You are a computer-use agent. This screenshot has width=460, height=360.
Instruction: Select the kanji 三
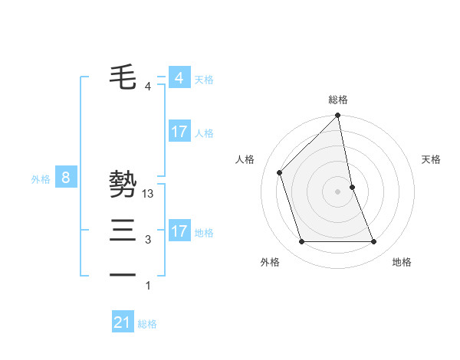coord(123,231)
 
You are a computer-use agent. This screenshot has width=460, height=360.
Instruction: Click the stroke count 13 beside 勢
coord(149,194)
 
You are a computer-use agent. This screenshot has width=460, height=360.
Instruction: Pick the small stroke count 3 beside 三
coord(148,240)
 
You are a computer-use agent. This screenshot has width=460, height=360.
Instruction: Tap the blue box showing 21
coord(123,322)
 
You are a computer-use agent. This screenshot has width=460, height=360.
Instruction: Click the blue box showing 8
coord(66,178)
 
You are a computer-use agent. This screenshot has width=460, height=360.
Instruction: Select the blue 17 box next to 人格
coord(179,132)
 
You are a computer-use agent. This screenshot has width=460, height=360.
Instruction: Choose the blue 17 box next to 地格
coord(179,231)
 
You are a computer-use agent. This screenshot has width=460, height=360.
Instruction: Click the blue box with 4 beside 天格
coord(179,77)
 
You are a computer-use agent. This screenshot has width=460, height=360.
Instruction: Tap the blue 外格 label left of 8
coord(41,179)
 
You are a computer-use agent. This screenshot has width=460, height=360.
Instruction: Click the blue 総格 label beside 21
coord(147,324)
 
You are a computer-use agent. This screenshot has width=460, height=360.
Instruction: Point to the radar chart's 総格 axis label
coord(338,100)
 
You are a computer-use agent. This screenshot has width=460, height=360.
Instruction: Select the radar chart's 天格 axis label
coord(432,159)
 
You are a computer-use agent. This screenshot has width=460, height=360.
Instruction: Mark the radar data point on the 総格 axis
coord(338,116)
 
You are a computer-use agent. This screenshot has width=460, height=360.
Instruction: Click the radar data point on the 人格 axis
coord(280,172)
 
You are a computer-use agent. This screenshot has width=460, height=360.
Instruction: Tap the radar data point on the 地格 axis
coord(374,242)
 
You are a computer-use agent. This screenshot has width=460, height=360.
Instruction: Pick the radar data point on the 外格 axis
coord(301,242)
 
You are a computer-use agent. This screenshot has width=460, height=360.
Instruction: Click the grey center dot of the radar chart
coord(338,191)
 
